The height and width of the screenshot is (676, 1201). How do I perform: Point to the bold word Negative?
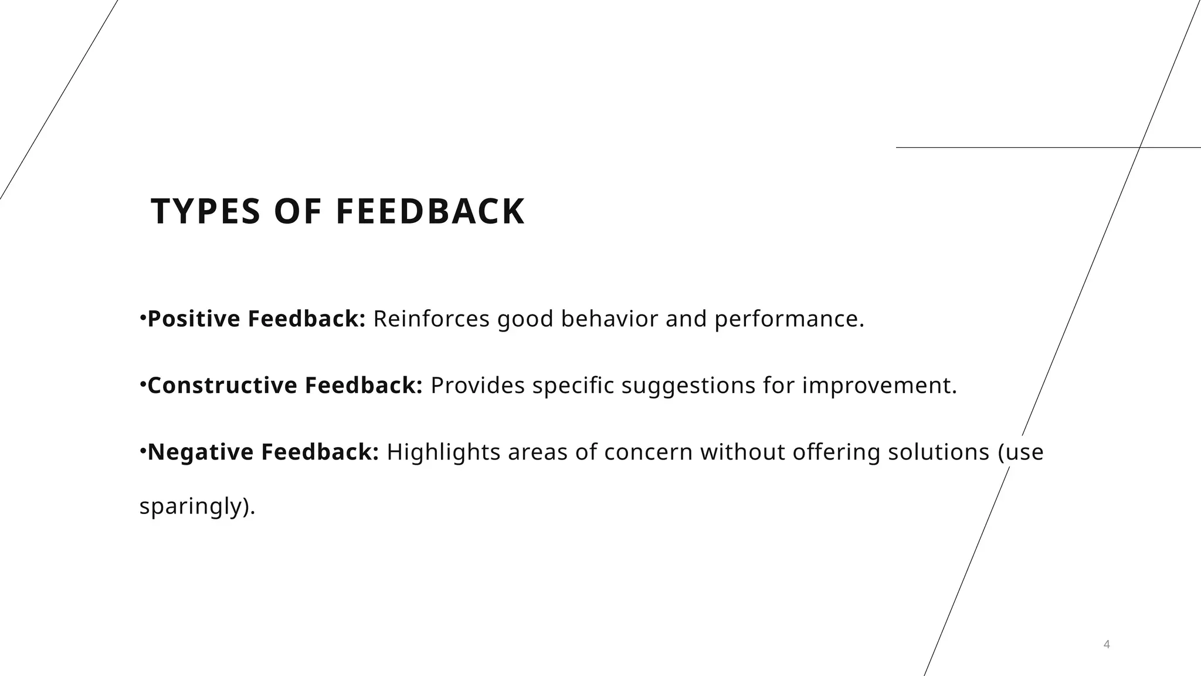[201, 452]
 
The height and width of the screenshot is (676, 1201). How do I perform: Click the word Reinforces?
[431, 319]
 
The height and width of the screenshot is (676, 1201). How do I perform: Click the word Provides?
[477, 386]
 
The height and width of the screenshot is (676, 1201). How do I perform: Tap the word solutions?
[938, 452]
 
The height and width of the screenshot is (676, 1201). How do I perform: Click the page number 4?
[1107, 644]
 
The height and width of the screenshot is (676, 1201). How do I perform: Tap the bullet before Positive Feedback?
[143, 317]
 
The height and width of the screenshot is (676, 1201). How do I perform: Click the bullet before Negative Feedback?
[143, 451]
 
